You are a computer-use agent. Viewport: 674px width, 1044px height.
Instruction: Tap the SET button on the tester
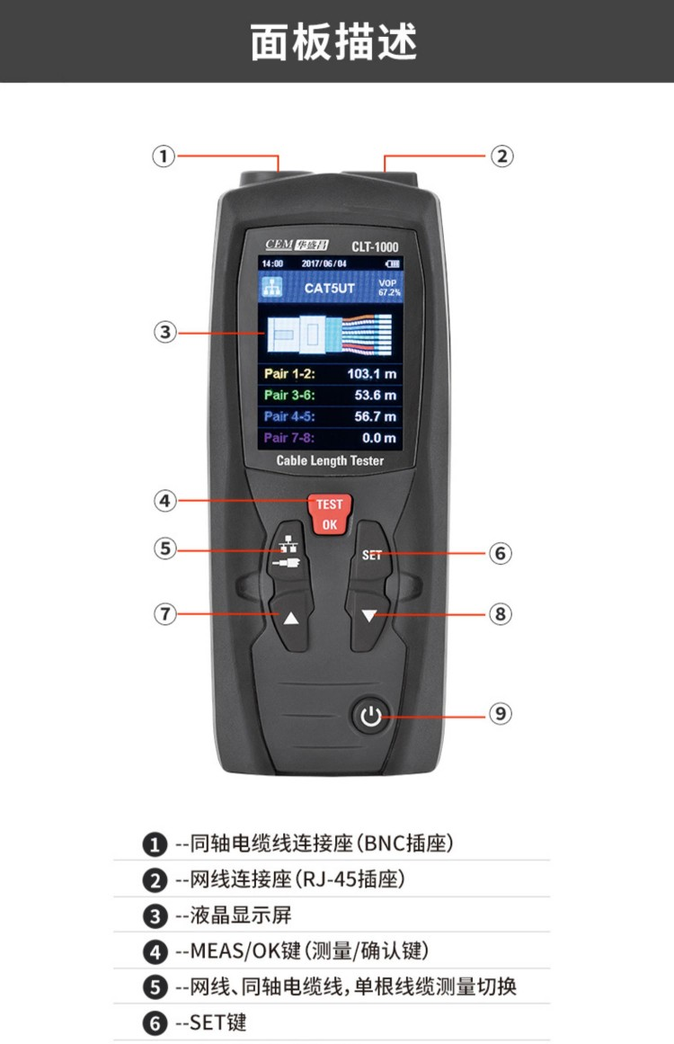[x=371, y=554]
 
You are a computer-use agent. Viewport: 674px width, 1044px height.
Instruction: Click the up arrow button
[x=291, y=619]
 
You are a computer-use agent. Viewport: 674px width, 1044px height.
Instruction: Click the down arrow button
[x=368, y=617]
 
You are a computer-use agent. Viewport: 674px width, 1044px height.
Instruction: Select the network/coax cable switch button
[x=289, y=554]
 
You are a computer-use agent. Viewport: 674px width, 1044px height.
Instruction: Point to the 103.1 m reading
[x=371, y=374]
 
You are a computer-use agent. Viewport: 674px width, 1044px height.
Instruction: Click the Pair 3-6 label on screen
[x=289, y=395]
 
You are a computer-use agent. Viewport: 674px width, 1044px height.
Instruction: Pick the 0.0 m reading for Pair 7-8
[x=379, y=438]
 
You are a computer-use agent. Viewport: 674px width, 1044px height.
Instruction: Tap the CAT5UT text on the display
[x=329, y=289]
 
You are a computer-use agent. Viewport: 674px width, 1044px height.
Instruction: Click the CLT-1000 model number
[x=375, y=247]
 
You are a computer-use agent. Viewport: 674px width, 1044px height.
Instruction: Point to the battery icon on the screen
[x=392, y=263]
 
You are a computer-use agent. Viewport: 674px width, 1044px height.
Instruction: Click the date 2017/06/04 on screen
[x=324, y=263]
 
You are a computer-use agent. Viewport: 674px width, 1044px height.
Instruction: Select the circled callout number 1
[x=164, y=156]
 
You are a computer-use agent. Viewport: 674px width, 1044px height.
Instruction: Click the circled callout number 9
[x=501, y=714]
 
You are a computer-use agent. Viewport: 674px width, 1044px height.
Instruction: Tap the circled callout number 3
[x=165, y=332]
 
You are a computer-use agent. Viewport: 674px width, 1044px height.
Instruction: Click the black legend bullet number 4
[x=155, y=952]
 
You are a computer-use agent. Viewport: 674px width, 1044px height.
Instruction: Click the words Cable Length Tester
[x=330, y=460]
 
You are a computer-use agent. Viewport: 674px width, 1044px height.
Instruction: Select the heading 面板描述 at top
[x=334, y=42]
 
